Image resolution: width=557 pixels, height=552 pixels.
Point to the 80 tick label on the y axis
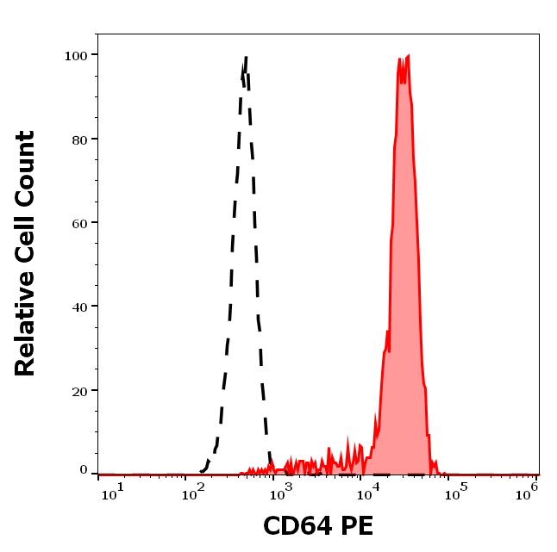(78, 139)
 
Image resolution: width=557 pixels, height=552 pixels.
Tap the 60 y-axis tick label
(78, 222)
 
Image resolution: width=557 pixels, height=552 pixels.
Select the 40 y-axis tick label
(78, 306)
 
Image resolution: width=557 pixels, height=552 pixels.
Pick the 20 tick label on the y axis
(78, 390)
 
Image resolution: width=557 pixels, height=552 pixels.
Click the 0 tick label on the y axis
(84, 471)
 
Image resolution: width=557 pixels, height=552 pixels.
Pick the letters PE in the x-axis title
(357, 526)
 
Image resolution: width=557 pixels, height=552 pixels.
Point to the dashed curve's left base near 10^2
(203, 470)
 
